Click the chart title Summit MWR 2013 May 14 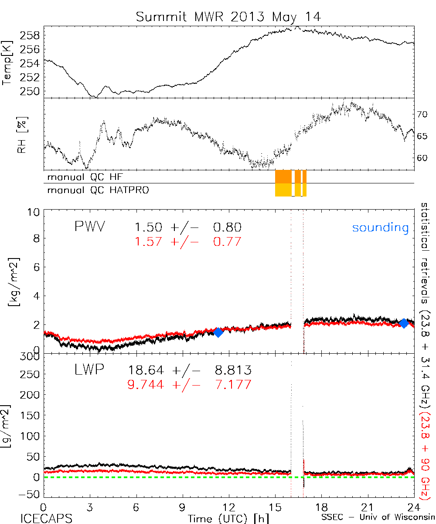point(228,17)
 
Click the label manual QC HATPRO point(95,190)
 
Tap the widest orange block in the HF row point(283,176)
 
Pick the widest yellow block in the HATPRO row point(283,190)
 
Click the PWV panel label point(90,227)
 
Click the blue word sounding point(381,228)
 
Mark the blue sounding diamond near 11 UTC point(218,332)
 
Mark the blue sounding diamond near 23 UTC point(404,324)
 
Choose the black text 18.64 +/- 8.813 point(190,371)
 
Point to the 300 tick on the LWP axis point(31,357)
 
